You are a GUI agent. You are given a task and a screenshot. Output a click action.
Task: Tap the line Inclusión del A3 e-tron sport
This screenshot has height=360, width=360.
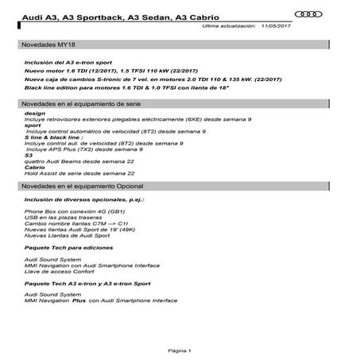point(68,62)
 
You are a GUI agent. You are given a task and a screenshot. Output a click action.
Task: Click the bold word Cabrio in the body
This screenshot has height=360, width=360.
point(34,168)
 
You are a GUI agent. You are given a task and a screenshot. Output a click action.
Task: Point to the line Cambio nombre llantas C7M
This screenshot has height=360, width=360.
point(72,223)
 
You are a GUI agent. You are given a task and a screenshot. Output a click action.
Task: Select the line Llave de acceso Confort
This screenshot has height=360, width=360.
point(59,270)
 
